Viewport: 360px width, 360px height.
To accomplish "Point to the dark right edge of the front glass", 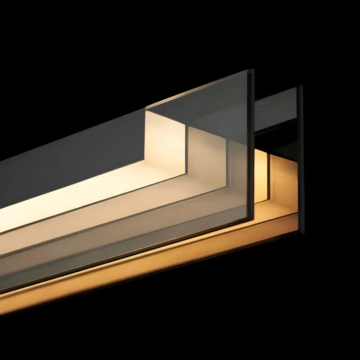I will tap(251, 144).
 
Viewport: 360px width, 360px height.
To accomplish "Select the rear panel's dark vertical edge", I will tap(301, 157).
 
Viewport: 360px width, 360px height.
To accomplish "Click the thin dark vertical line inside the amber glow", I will tap(269, 180).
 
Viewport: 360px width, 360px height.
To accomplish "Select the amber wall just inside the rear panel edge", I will tap(286, 180).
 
